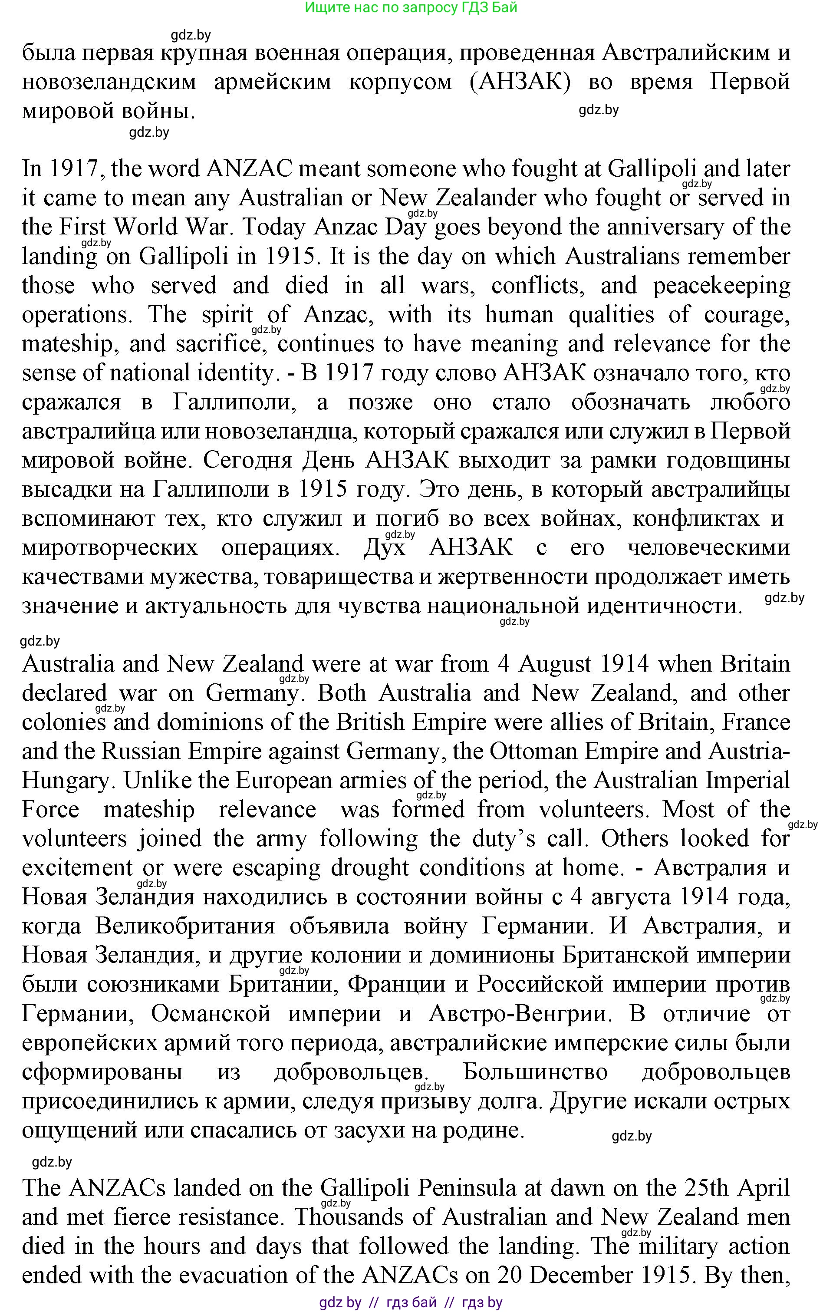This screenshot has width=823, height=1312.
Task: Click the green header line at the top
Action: point(411,8)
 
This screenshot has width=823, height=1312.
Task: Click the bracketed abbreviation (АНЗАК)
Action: point(520,82)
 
